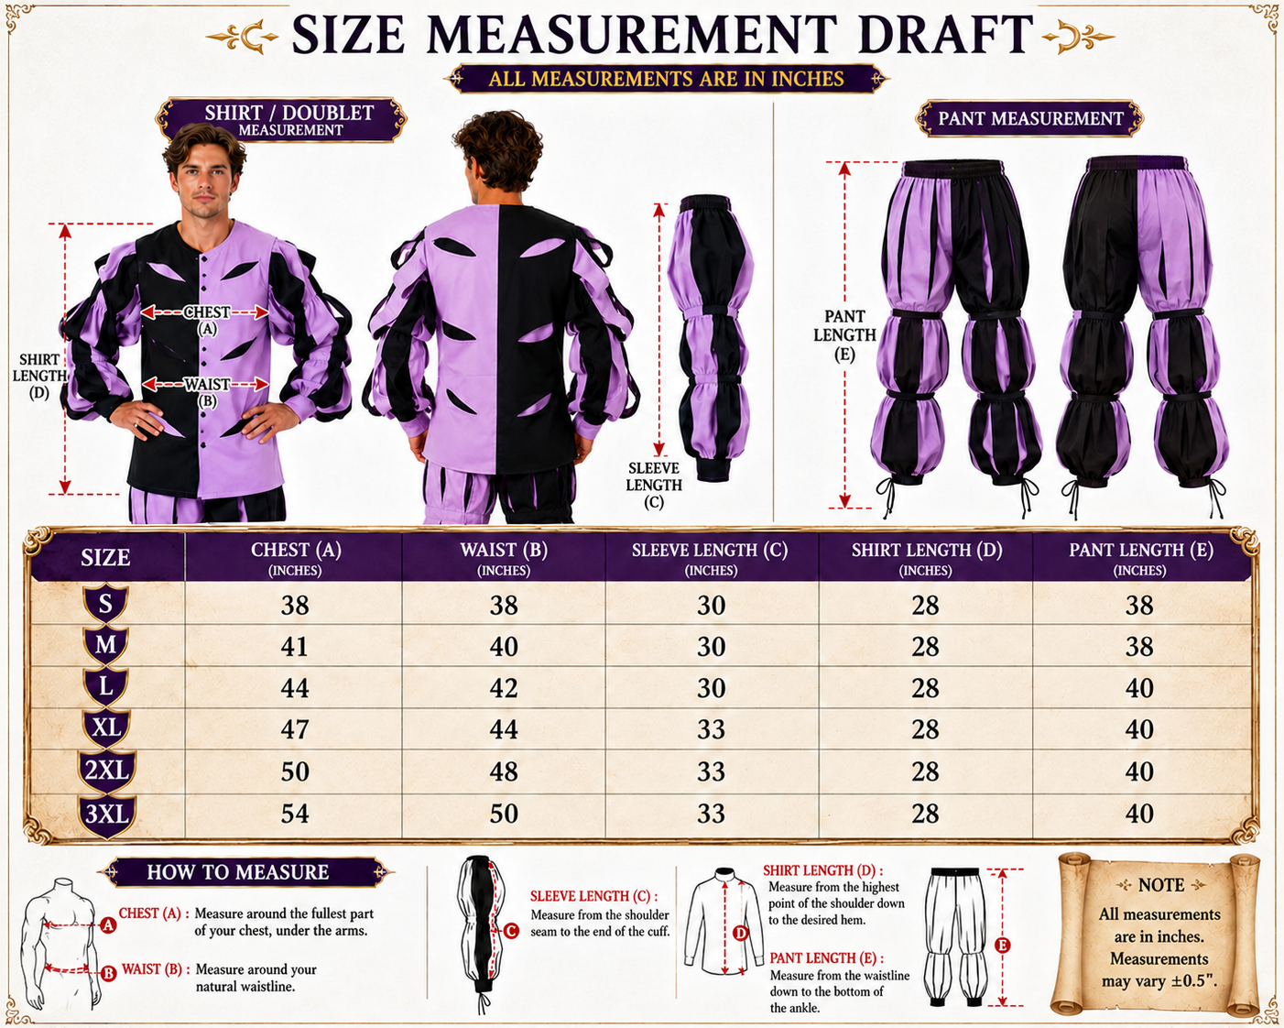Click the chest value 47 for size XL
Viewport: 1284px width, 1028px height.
click(295, 729)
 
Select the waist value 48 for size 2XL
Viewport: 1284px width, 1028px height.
click(504, 771)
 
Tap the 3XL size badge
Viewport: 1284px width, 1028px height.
click(107, 815)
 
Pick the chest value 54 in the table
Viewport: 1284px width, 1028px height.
click(295, 813)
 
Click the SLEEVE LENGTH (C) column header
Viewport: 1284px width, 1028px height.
click(710, 558)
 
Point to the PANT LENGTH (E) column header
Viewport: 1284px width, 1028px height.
click(1141, 558)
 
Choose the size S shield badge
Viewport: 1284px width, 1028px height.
click(105, 604)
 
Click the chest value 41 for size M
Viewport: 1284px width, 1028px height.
click(295, 647)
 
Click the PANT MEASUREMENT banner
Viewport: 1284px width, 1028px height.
click(1030, 118)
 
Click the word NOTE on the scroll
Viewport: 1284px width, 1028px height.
click(1161, 885)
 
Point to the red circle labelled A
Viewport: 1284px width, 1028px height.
click(108, 925)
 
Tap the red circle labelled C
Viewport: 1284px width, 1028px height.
click(511, 931)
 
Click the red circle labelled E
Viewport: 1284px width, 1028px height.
click(1002, 945)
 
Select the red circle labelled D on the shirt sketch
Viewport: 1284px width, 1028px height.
click(740, 933)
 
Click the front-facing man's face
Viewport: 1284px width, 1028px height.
click(204, 182)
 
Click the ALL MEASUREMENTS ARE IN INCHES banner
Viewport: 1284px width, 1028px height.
click(666, 79)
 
